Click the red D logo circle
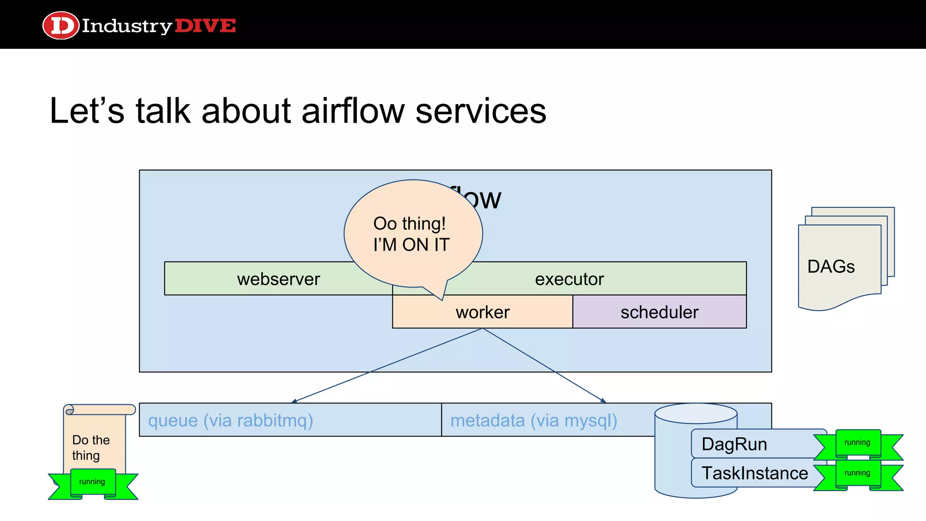pos(61,25)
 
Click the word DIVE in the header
pos(205,26)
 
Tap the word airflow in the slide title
pos(353,111)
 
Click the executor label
pos(569,279)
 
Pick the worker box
pos(482,313)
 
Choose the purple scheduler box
pos(659,312)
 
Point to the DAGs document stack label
pos(831,266)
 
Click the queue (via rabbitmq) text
pos(231,421)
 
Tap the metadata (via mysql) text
pos(534,421)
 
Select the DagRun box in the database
pos(734,444)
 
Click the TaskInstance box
pos(755,473)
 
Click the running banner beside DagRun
pos(857,443)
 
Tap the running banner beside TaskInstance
pos(857,473)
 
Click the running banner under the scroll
pos(92,482)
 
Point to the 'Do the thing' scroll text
pos(90,448)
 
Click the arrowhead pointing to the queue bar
pos(294,401)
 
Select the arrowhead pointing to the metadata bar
pos(604,401)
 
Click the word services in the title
pos(480,111)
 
